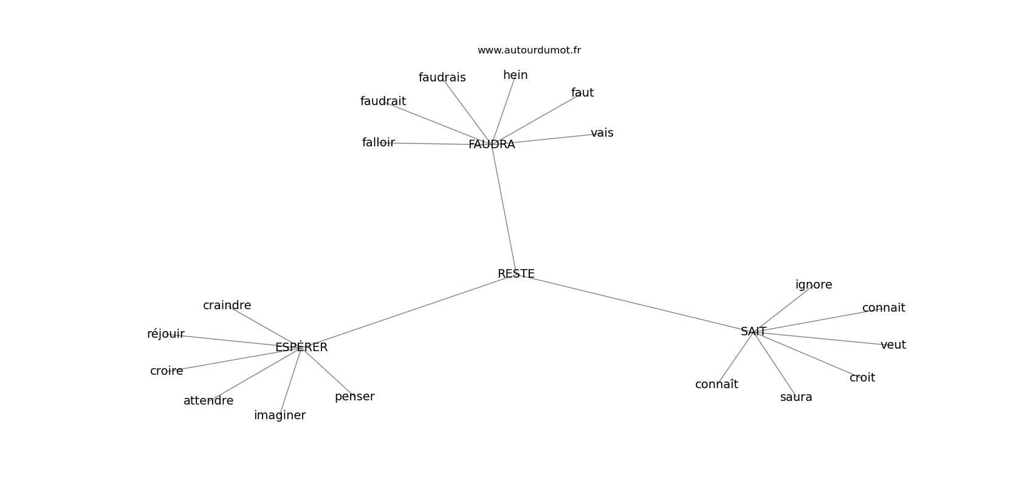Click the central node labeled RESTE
point(516,274)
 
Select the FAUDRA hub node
point(492,145)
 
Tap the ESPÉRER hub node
point(301,347)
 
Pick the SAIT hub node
point(753,332)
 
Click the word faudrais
point(442,78)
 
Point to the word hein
point(515,75)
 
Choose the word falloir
point(379,143)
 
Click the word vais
point(602,133)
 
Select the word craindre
point(227,306)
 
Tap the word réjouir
point(166,334)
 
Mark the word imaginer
point(280,416)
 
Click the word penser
point(355,397)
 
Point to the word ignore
point(814,285)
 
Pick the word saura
point(796,397)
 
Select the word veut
point(893,345)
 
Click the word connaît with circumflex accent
point(716,385)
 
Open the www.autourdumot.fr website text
point(529,50)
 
